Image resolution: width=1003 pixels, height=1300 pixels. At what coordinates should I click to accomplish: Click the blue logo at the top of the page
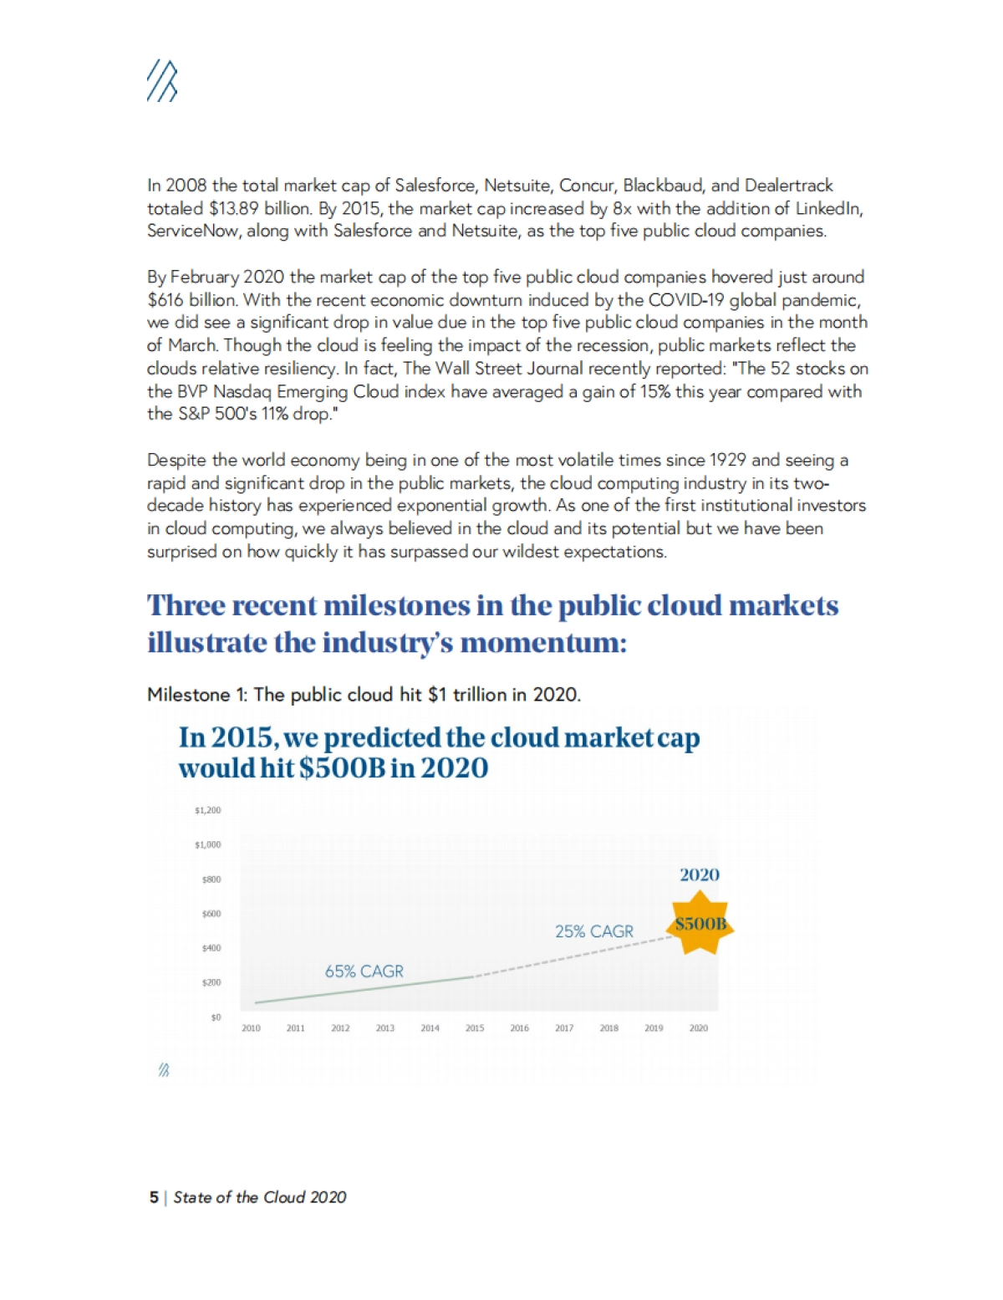tap(162, 82)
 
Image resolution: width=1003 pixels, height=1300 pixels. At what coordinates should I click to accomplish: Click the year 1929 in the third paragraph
tap(727, 460)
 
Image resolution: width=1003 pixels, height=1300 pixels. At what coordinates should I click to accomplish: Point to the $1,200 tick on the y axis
tap(208, 810)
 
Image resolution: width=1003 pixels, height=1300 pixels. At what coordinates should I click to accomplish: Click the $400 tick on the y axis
tap(211, 948)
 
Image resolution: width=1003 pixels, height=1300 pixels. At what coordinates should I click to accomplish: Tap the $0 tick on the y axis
tap(216, 1017)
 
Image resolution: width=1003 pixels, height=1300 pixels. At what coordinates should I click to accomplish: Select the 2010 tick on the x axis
tap(251, 1028)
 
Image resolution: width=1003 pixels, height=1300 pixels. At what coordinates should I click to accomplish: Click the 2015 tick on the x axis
tap(475, 1028)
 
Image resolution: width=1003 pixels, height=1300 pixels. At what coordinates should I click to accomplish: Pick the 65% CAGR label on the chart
tap(364, 971)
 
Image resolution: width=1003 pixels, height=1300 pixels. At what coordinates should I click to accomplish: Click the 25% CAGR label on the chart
tap(594, 931)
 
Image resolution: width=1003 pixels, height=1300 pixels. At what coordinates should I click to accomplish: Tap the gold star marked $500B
tap(700, 923)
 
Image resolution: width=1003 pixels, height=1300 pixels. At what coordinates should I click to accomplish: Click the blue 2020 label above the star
tap(700, 875)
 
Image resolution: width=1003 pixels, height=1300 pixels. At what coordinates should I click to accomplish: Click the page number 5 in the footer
tap(154, 1197)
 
